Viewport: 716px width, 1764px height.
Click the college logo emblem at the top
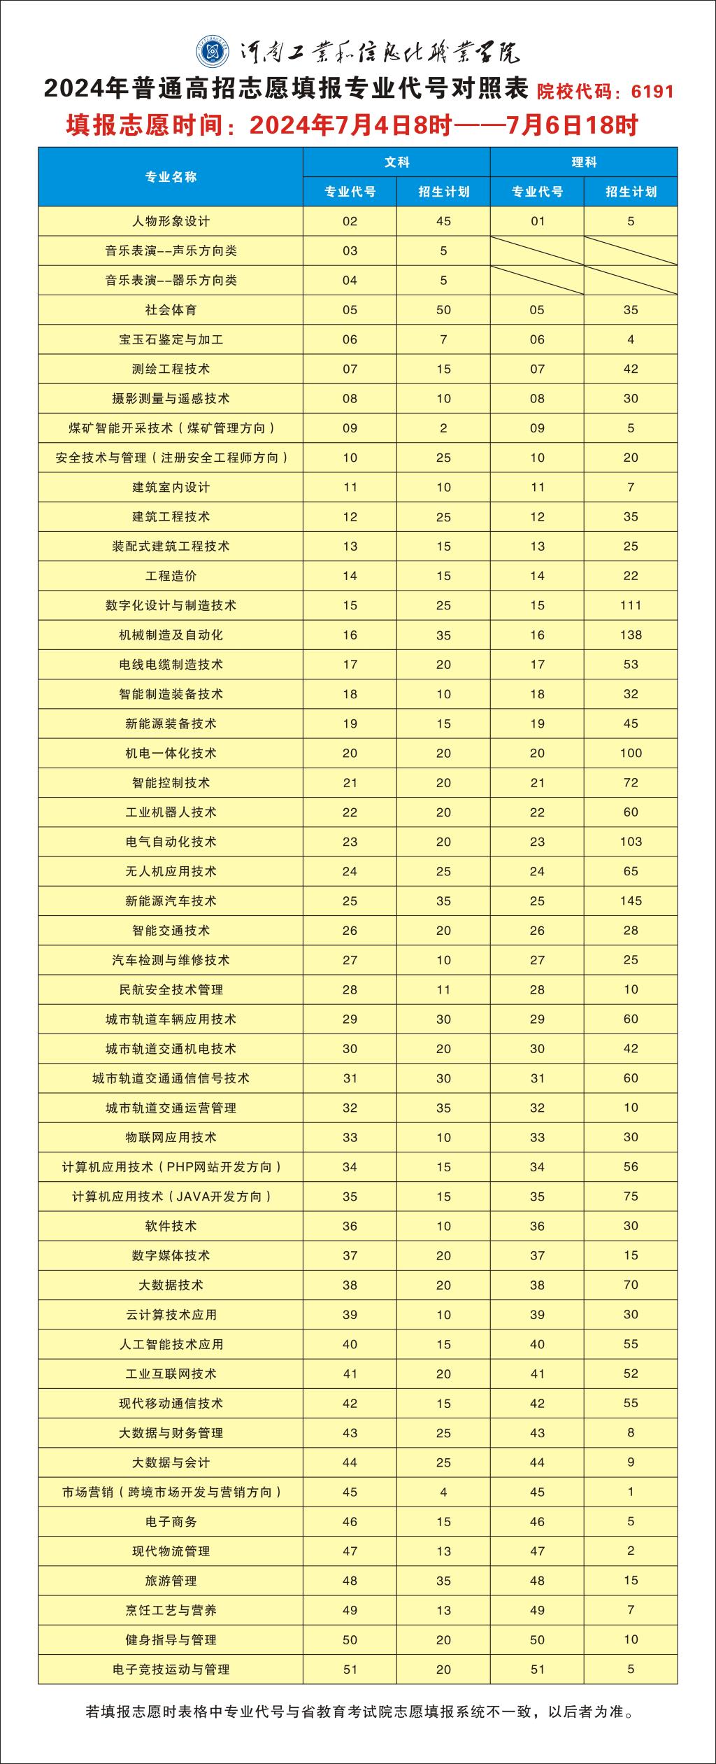point(212,50)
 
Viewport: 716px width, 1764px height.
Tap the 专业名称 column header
point(171,177)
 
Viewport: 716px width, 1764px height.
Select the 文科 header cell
point(396,162)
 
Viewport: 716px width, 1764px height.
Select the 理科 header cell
point(584,162)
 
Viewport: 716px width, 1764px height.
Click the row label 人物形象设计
point(171,221)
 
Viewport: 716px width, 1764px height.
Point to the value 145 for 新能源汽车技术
point(631,901)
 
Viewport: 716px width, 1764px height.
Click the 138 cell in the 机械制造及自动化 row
point(631,635)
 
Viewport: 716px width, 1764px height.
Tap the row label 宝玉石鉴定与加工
point(171,339)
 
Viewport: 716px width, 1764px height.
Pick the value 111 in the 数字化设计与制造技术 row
point(631,605)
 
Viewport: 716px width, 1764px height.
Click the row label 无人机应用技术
point(171,871)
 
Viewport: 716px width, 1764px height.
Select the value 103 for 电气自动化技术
point(631,842)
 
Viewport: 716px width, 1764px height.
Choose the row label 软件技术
point(171,1226)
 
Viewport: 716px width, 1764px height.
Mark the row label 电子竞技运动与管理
point(171,1669)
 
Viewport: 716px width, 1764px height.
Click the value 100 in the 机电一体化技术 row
point(631,753)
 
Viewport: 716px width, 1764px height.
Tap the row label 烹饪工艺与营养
point(171,1610)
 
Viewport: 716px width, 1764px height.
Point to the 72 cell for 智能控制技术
point(631,782)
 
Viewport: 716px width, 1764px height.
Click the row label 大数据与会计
point(171,1462)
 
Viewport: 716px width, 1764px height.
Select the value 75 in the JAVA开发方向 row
point(631,1197)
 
